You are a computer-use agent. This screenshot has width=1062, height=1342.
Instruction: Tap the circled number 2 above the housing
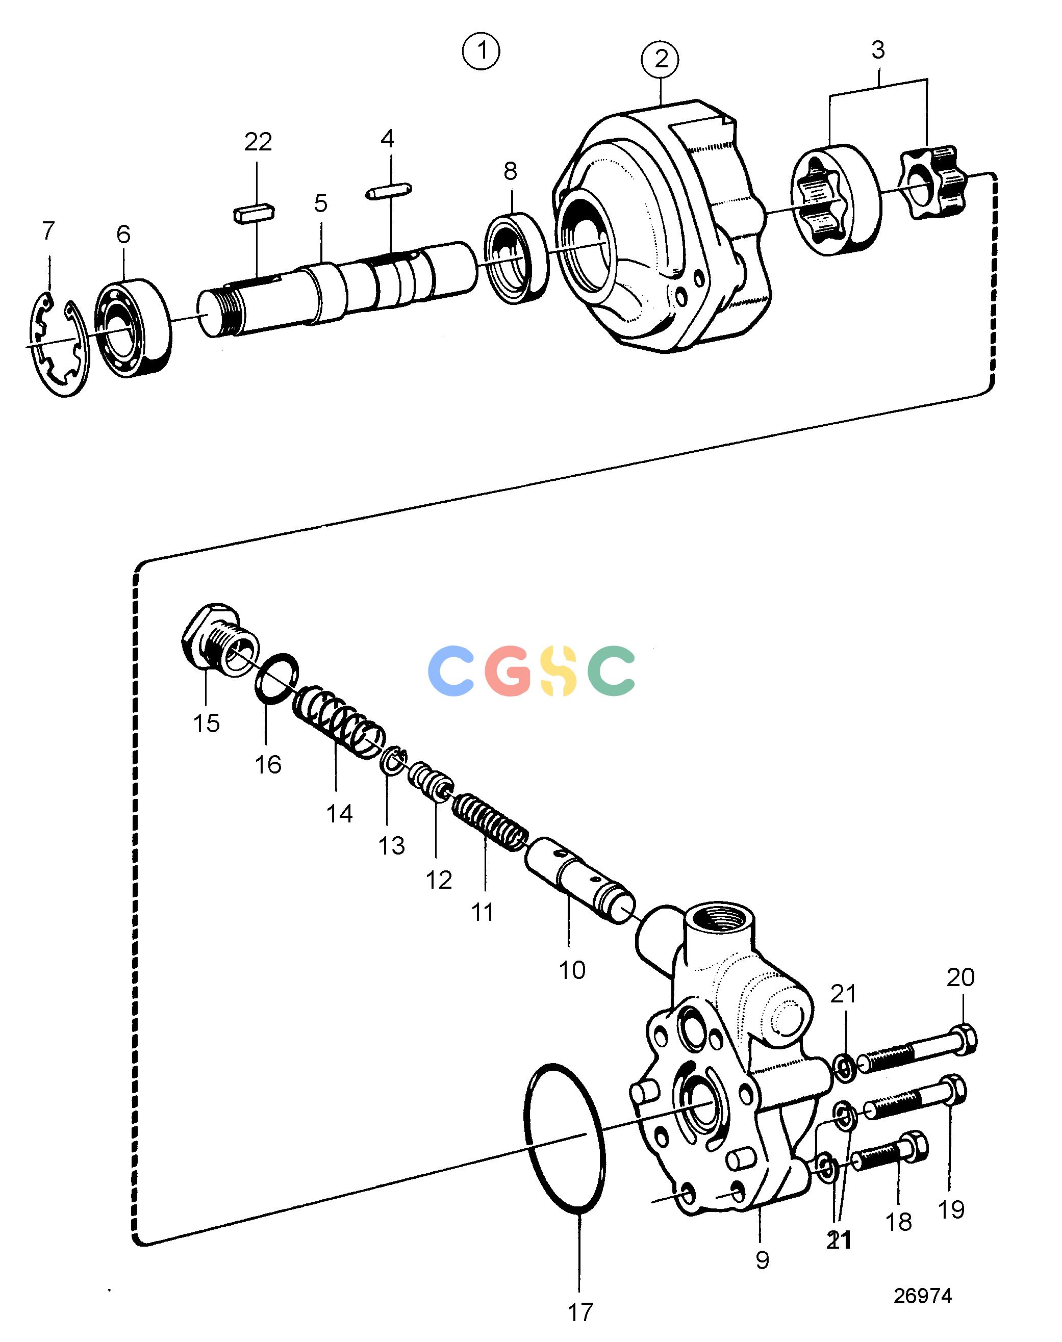[x=661, y=60]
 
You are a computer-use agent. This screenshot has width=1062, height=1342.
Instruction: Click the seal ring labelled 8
[x=517, y=258]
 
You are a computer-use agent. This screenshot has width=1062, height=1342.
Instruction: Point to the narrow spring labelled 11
[x=491, y=822]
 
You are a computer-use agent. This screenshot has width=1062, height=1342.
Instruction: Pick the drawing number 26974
[x=923, y=1291]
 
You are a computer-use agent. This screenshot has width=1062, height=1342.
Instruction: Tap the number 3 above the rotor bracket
[x=878, y=50]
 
